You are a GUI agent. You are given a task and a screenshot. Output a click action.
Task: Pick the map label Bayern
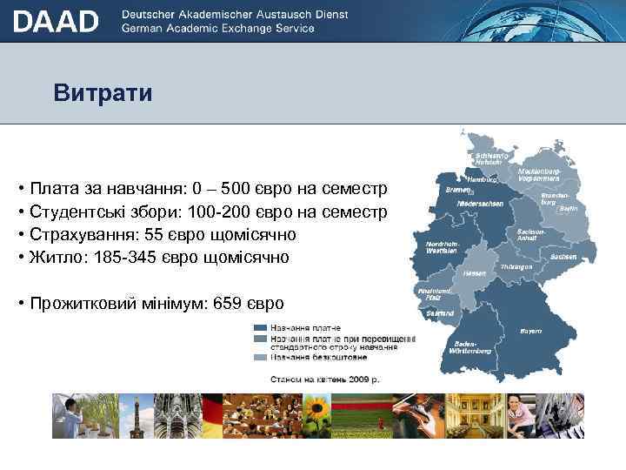[x=530, y=331]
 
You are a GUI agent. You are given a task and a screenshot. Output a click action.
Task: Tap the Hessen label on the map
[x=474, y=272]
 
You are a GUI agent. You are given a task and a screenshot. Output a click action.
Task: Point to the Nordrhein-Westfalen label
[x=442, y=248]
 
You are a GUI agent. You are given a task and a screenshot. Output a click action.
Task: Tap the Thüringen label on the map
[x=516, y=266]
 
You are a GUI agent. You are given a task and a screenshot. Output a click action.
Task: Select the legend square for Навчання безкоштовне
[x=260, y=357]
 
